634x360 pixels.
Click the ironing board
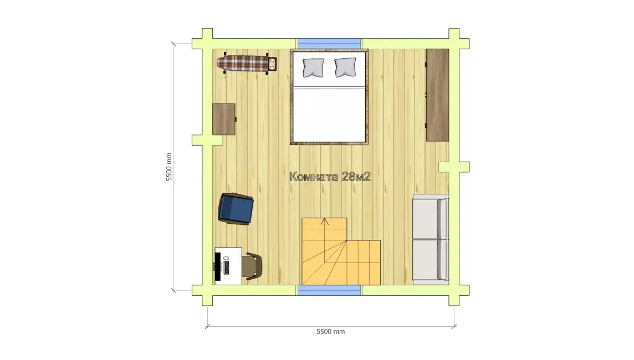pyautogui.click(x=247, y=64)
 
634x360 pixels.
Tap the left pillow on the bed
pyautogui.click(x=313, y=68)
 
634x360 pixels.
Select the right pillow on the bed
pyautogui.click(x=345, y=67)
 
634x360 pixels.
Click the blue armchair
pyautogui.click(x=236, y=208)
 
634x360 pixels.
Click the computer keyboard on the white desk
pyautogui.click(x=226, y=267)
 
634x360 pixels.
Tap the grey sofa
pyautogui.click(x=430, y=238)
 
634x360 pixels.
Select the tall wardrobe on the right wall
pyautogui.click(x=437, y=95)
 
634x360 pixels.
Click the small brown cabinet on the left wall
pyautogui.click(x=224, y=119)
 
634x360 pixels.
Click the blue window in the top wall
pyautogui.click(x=330, y=44)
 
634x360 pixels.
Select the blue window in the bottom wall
pyautogui.click(x=330, y=290)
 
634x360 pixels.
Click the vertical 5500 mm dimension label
pyautogui.click(x=169, y=167)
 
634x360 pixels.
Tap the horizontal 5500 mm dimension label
pyautogui.click(x=331, y=332)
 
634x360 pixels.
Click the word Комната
pyautogui.click(x=314, y=177)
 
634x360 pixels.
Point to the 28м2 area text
pyautogui.click(x=356, y=177)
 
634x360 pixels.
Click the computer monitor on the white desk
pyautogui.click(x=218, y=266)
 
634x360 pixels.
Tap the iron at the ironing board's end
pyautogui.click(x=273, y=64)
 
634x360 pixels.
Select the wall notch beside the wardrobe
pyautogui.click(x=454, y=167)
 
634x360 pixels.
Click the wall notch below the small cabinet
pyautogui.click(x=207, y=140)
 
